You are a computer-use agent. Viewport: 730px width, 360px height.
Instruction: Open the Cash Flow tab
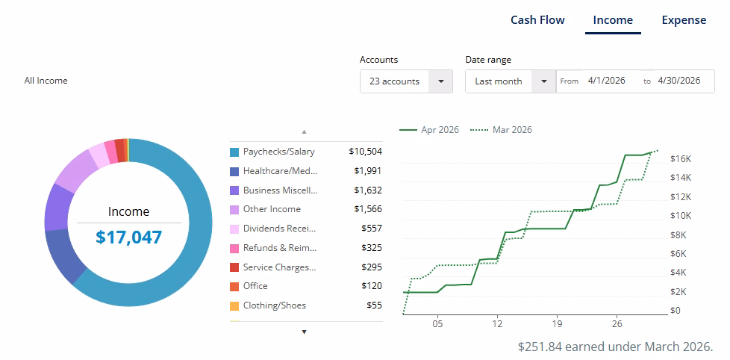[537, 20]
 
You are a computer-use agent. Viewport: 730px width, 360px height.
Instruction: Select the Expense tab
[684, 20]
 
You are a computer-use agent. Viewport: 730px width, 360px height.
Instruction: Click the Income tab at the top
[613, 20]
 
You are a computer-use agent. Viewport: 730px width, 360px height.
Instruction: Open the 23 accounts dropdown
[406, 81]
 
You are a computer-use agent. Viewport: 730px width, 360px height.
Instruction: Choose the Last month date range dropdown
[511, 81]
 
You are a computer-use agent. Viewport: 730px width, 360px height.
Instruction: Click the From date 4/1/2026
[606, 81]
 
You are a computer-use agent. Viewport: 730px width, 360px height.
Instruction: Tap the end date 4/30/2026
[678, 81]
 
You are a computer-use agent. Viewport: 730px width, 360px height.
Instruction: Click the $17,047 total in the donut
[128, 237]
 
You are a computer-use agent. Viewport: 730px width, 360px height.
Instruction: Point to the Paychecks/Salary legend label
[279, 152]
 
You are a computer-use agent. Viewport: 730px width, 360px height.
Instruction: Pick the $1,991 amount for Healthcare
[367, 171]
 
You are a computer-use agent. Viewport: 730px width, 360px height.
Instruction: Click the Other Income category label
[272, 209]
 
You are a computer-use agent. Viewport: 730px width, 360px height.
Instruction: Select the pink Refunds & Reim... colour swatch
[234, 248]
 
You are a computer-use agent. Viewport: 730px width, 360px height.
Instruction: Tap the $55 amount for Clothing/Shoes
[374, 305]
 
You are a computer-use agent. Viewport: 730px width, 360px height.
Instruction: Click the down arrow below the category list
[305, 332]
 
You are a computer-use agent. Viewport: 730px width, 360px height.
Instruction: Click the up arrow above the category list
[305, 131]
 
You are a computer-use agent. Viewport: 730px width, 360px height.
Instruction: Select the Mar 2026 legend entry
[501, 129]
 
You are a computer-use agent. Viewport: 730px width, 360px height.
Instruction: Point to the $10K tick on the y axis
[681, 216]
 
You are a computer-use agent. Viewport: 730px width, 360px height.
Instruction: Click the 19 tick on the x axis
[557, 323]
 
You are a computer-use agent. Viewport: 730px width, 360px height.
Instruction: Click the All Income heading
[46, 81]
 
